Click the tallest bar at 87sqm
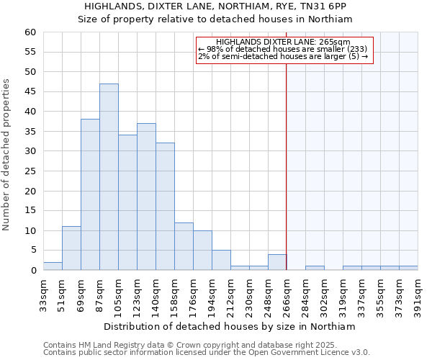tap(109, 177)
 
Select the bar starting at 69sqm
tap(90, 194)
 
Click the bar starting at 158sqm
tap(184, 246)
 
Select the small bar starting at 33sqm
tap(53, 266)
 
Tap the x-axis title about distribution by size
tap(235, 326)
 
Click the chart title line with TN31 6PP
tap(215, 6)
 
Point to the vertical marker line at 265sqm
tap(287, 158)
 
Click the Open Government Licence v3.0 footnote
tap(207, 353)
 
